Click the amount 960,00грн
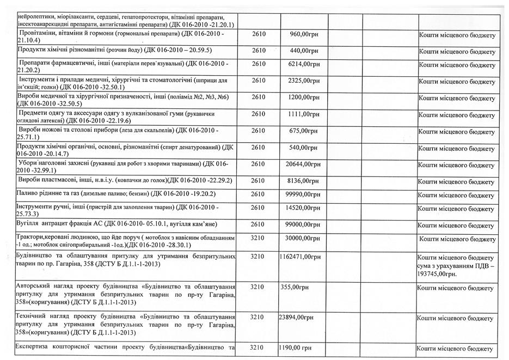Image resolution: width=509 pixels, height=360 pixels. point(304,34)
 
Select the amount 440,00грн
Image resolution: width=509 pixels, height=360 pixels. point(304,51)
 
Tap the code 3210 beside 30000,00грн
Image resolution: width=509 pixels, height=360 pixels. point(258,238)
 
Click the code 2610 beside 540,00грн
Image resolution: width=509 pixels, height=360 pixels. point(258,148)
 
